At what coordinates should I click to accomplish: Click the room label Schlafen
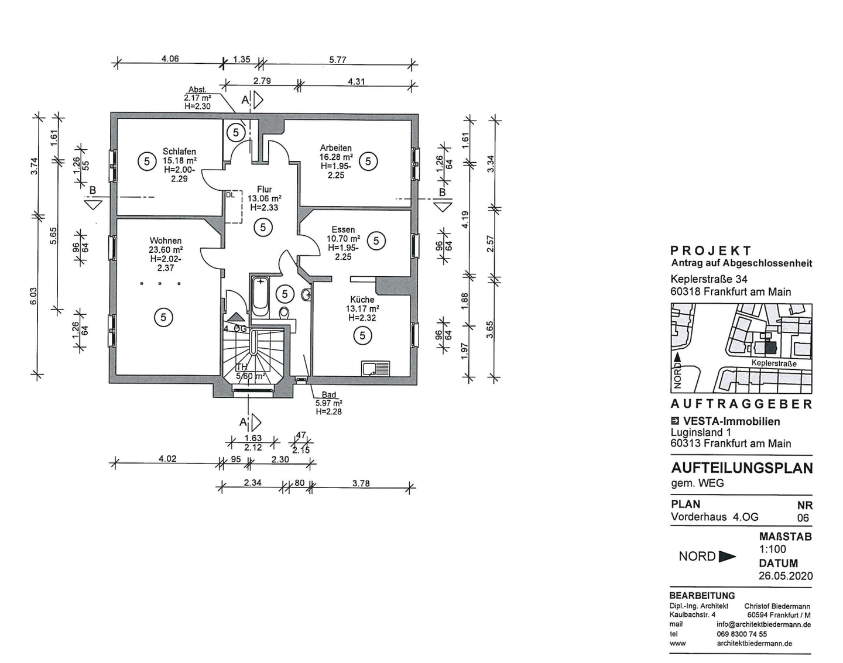tap(179, 151)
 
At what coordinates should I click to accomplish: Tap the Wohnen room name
tap(165, 241)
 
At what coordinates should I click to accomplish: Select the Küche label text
tap(362, 300)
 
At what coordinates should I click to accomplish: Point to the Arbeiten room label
tap(335, 148)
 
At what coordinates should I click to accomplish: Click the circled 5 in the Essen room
tap(376, 241)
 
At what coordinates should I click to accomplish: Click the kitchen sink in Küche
tap(376, 369)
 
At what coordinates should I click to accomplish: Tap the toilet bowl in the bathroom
tap(285, 313)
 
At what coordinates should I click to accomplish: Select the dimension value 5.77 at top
tap(337, 60)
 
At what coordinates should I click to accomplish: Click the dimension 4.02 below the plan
tap(167, 459)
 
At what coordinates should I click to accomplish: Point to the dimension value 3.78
tap(361, 483)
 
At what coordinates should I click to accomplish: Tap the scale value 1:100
tap(773, 549)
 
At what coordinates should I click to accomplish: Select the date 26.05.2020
tap(786, 576)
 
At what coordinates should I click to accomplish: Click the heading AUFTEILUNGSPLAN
tap(742, 468)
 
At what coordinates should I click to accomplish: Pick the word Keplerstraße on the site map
tap(774, 363)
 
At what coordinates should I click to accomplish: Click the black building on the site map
tap(770, 348)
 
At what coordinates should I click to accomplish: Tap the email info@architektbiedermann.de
tap(763, 624)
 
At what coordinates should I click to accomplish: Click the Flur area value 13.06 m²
tap(265, 198)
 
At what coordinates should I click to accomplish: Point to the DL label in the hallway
tap(230, 195)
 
